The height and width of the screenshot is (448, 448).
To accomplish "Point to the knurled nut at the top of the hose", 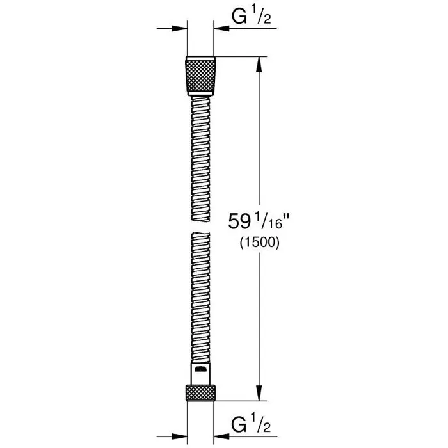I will (200, 76).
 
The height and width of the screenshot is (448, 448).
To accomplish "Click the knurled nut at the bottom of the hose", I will (200, 393).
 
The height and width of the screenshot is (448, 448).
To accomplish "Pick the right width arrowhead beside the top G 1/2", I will (221, 28).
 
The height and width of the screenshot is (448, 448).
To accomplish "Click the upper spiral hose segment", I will (200, 154).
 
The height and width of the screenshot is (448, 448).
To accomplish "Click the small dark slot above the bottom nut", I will (200, 370).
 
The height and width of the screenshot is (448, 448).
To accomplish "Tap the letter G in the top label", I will (238, 18).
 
